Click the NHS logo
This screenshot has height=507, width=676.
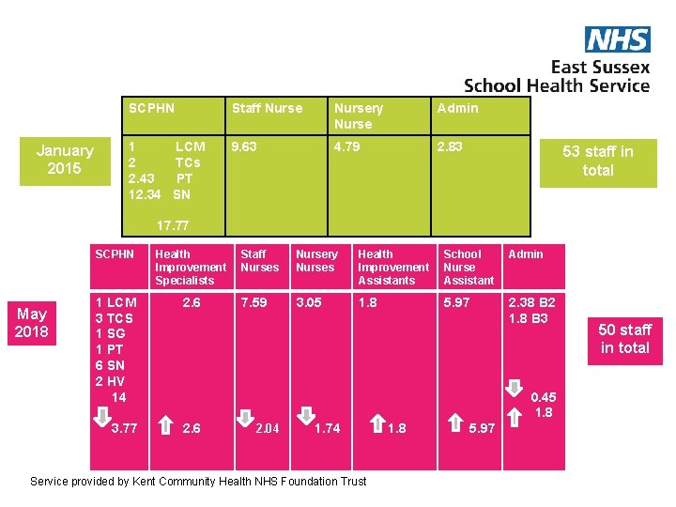pos(617,39)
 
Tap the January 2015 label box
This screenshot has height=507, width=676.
pos(65,160)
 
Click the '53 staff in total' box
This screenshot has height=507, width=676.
pos(597,161)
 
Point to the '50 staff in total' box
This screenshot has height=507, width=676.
pos(624,339)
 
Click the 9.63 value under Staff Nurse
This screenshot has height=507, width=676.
pos(244,146)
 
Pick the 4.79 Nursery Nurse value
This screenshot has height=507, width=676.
pos(346,146)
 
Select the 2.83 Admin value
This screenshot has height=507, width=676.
pos(450,146)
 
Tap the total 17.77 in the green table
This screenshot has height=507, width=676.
pos(172,225)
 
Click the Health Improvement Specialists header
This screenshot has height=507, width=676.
pos(191,267)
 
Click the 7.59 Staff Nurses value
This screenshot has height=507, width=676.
pos(253,302)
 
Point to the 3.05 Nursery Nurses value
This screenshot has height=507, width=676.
pos(309,302)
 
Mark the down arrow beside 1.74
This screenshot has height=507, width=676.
pos(305,416)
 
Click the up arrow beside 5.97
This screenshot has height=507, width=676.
pos(454,422)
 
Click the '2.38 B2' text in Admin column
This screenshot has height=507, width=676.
pos(531,302)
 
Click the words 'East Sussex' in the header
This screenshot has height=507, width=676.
pos(600,67)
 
